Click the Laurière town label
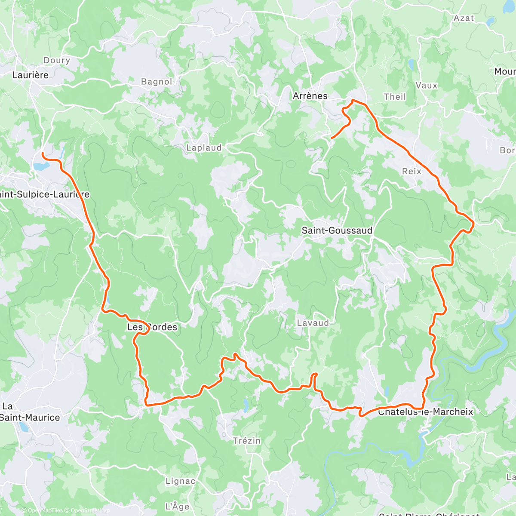30,75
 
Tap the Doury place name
57,60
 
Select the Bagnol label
157,82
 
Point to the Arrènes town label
310,96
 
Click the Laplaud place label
204,148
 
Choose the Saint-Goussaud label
337,230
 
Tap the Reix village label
412,171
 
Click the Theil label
395,97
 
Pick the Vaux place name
426,86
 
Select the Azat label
464,18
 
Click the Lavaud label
313,323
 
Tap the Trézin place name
247,441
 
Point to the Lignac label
180,481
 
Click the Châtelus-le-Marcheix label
425,412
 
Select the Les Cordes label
152,327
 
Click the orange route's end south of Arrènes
332,138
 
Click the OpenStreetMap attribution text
90,510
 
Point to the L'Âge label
177,506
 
